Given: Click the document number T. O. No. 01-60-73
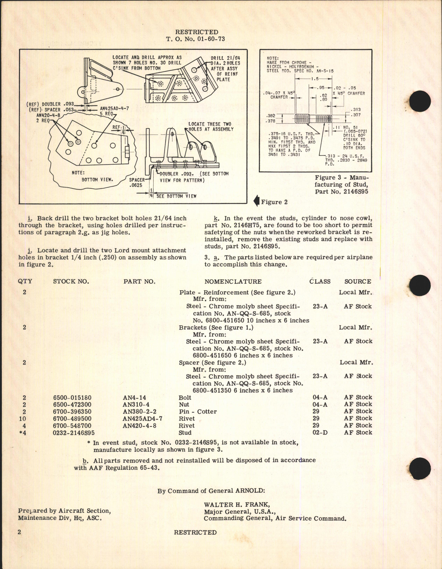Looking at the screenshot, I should [196, 39].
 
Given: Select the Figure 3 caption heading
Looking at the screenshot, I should [342, 185].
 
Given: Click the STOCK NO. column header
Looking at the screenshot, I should [71, 282].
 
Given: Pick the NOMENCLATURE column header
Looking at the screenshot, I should [233, 282].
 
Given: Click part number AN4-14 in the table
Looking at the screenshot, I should [134, 397].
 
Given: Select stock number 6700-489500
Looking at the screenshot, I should [72, 418].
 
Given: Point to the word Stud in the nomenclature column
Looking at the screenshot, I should [185, 432].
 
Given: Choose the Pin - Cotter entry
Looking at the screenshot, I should [198, 411].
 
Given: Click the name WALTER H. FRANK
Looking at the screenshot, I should [237, 505].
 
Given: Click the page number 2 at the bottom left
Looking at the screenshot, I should [20, 532].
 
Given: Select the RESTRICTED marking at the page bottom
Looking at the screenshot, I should [195, 533].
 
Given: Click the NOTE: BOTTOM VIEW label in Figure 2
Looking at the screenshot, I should [92, 176].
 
